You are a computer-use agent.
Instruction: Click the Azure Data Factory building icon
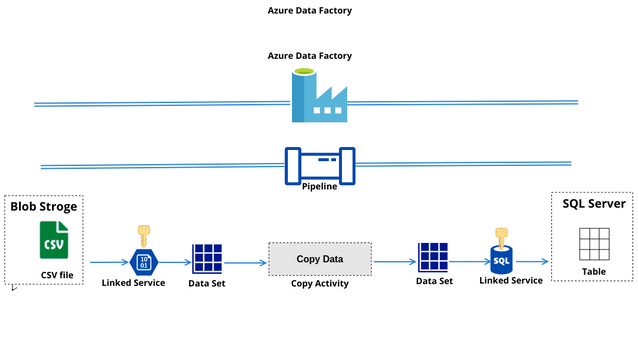pos(318,96)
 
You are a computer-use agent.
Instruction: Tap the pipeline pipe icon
pos(319,164)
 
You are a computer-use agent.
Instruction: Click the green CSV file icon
pos(53,241)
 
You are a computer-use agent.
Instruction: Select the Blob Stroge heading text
pos(44,207)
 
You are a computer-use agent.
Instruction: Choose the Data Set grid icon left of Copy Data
pos(208,258)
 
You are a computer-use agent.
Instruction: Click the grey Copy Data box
pos(319,259)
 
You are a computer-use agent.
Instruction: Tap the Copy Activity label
pos(319,283)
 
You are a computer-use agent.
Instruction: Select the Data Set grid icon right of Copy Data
pos(433,258)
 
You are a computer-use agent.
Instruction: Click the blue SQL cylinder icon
pos(502,260)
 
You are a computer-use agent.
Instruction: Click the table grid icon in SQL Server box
pos(593,244)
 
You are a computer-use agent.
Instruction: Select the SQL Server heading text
pos(594,203)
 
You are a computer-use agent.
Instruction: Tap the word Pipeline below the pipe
pos(319,186)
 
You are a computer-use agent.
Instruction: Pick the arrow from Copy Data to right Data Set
pos(394,262)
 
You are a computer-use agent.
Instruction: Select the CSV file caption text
pos(56,274)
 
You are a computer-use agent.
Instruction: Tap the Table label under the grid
pos(593,271)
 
